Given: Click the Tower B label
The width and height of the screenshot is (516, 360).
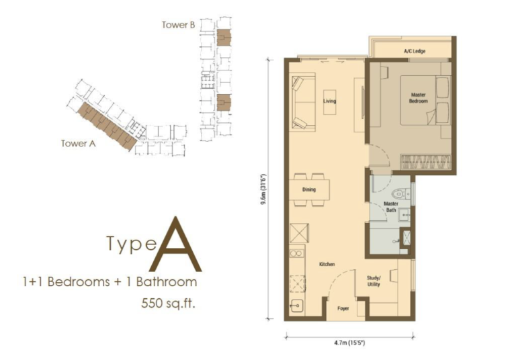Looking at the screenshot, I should (x=178, y=25).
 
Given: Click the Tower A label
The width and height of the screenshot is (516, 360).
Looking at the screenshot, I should (x=75, y=143).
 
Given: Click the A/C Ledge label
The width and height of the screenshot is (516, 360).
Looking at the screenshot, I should (x=415, y=50).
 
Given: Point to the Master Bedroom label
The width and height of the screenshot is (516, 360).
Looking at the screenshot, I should (x=419, y=99).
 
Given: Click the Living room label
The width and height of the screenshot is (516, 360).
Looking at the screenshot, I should (x=329, y=101).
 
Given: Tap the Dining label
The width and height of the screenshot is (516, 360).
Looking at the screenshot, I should (x=309, y=190).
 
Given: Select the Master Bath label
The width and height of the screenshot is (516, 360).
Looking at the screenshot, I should (x=391, y=206).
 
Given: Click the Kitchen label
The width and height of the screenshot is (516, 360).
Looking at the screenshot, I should (x=327, y=265).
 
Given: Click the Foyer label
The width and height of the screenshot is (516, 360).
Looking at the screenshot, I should (x=343, y=309).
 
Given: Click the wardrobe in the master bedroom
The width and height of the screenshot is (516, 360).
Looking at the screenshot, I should (x=425, y=161).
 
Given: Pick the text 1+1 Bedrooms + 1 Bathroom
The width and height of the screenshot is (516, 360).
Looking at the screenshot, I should (x=110, y=281).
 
